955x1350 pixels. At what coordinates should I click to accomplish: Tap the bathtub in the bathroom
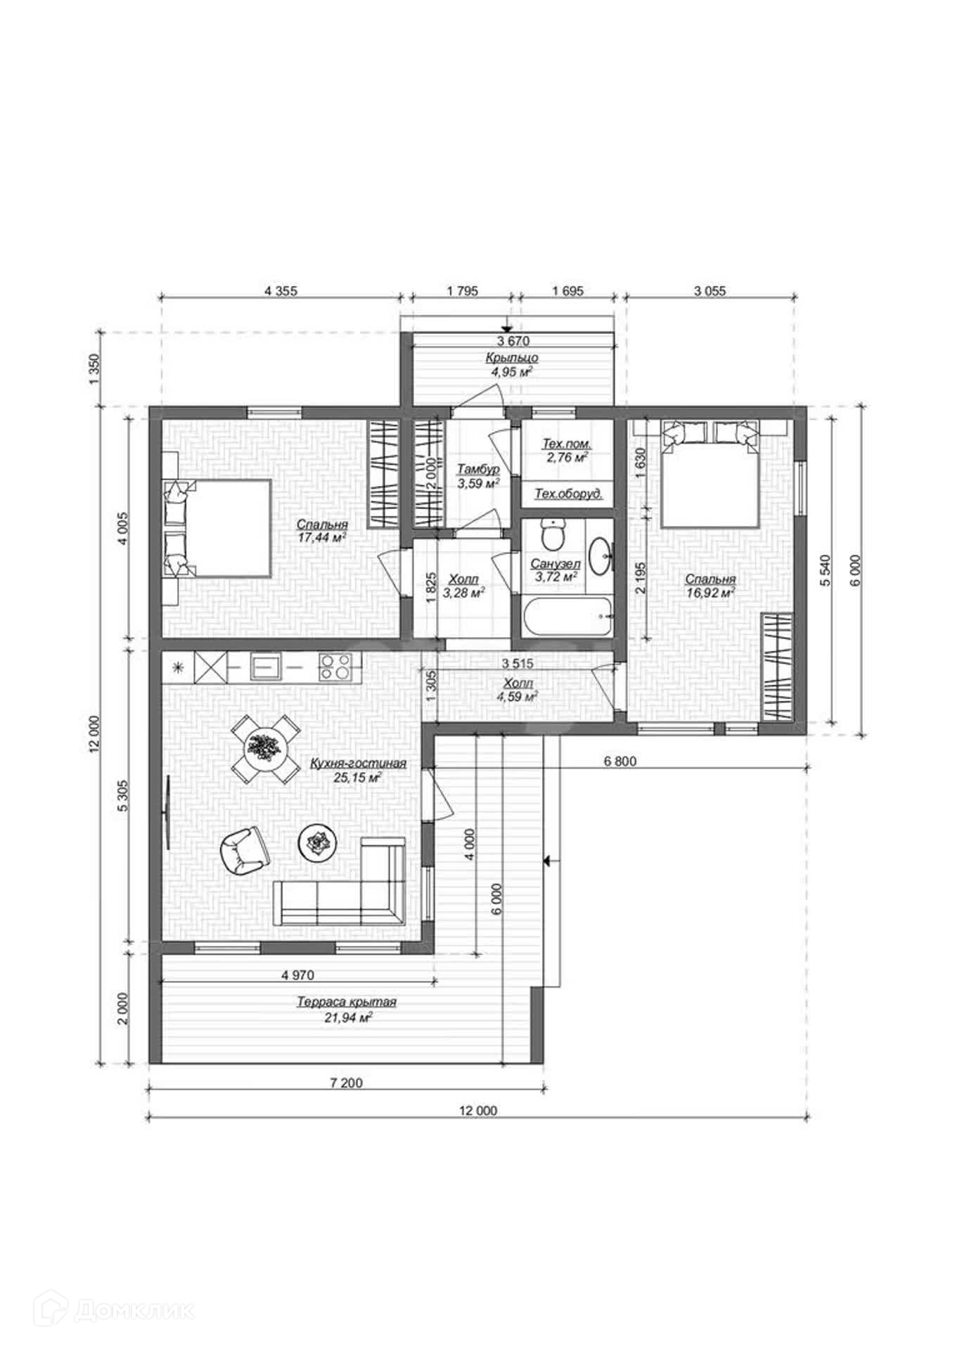point(568,616)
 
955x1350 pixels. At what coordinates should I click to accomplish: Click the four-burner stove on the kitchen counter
point(335,666)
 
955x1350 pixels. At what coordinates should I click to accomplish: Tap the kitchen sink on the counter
point(264,665)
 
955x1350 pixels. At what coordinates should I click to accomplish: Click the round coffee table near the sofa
point(318,841)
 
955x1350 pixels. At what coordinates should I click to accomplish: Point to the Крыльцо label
point(511,358)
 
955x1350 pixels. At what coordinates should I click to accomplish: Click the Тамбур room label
point(478,469)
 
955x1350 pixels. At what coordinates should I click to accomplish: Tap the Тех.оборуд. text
point(568,494)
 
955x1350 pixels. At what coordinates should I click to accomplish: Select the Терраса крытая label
point(346,1002)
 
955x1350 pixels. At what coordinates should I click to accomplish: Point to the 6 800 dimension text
point(620,761)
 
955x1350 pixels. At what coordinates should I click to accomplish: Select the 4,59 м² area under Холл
point(518,696)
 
